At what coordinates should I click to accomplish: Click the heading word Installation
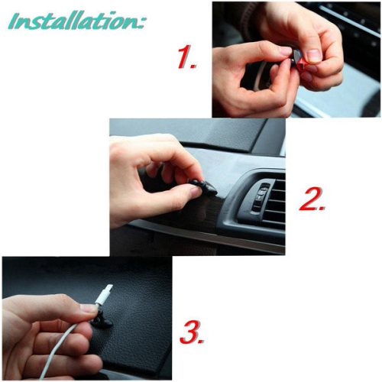click(x=73, y=21)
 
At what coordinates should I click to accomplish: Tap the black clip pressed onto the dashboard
click(x=204, y=186)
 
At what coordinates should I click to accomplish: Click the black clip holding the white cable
click(x=102, y=319)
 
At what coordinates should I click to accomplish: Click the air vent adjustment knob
click(x=259, y=197)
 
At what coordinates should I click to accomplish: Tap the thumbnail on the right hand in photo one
click(x=314, y=56)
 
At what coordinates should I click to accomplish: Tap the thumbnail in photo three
click(x=89, y=309)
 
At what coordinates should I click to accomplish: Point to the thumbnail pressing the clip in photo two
click(x=196, y=192)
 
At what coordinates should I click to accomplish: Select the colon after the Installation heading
click(x=141, y=23)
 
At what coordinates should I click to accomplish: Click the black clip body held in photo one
click(x=296, y=56)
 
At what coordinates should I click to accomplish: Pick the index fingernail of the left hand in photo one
click(x=285, y=51)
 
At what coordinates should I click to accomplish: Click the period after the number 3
click(x=201, y=341)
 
